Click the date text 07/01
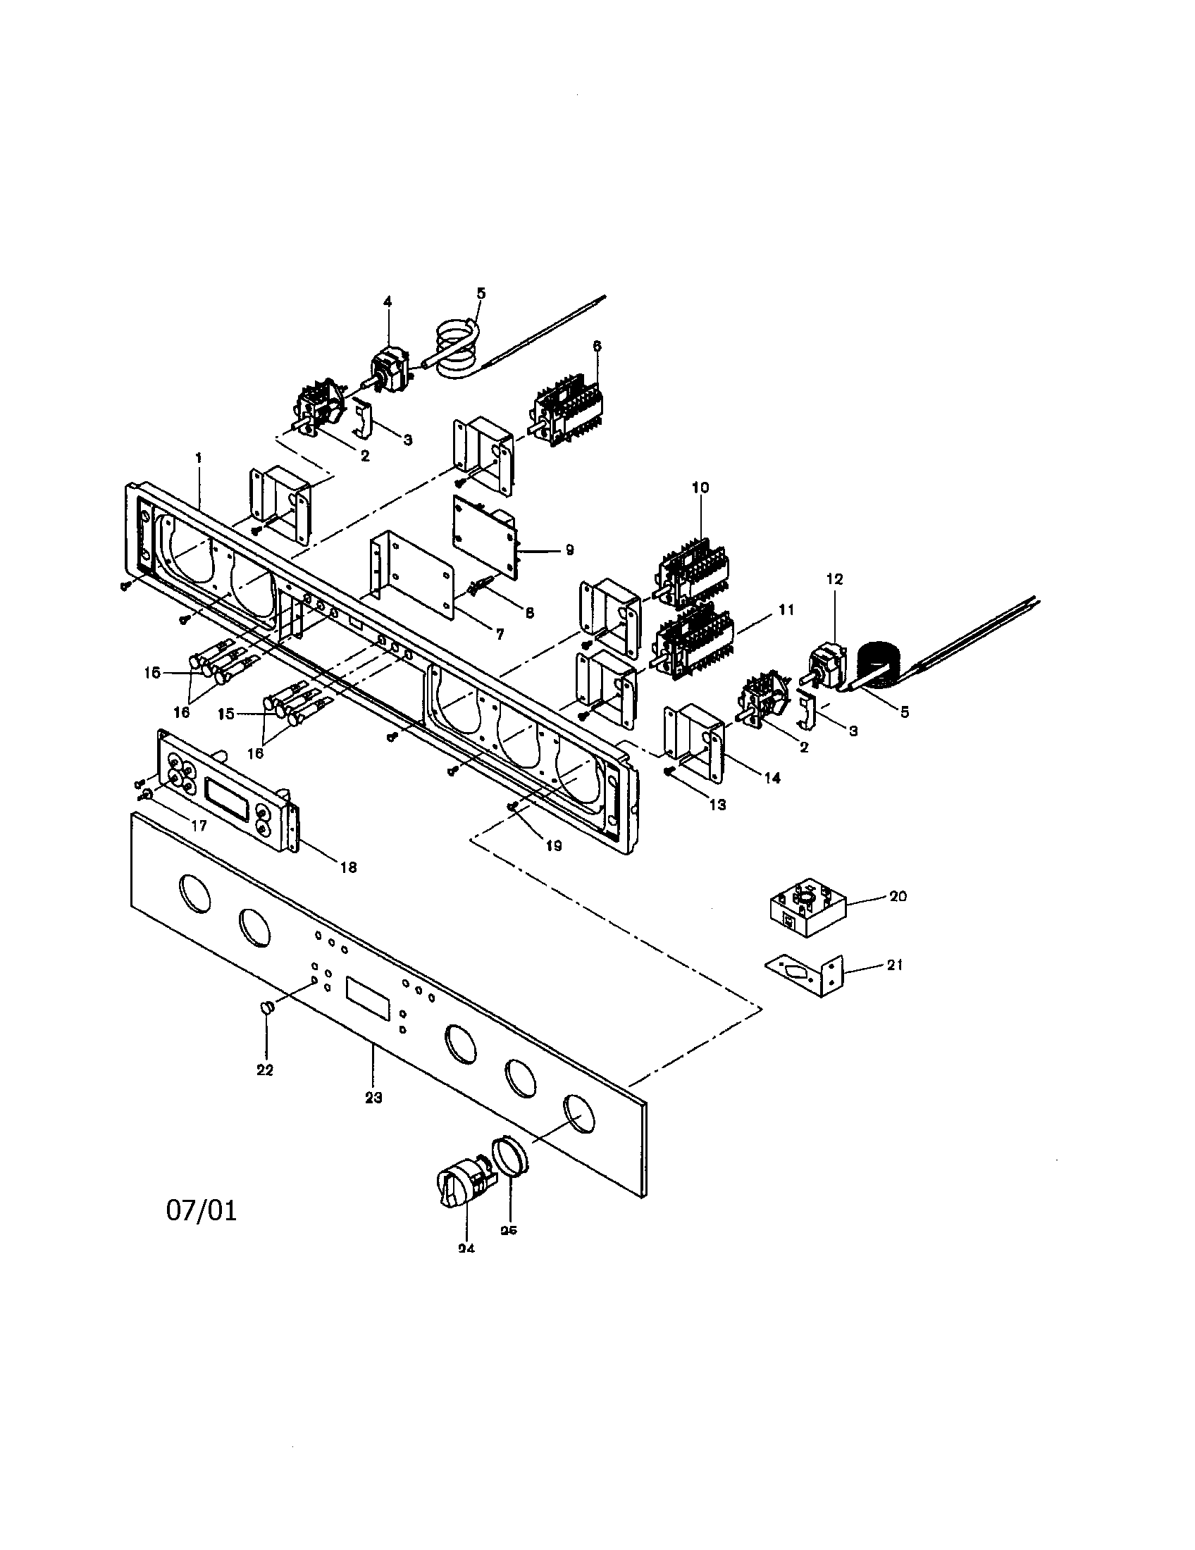coord(202,1210)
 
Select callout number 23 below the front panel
coord(373,1097)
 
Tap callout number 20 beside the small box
coord(898,896)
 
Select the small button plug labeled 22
coord(267,1007)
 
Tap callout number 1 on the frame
coord(199,459)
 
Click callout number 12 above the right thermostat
coord(834,579)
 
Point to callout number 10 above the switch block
coord(700,488)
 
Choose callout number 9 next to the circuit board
coord(569,550)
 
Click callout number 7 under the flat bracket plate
coord(500,635)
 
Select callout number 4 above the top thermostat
coord(388,302)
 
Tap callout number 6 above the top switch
coord(597,346)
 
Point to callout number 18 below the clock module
coord(348,867)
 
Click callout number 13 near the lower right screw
coord(718,805)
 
